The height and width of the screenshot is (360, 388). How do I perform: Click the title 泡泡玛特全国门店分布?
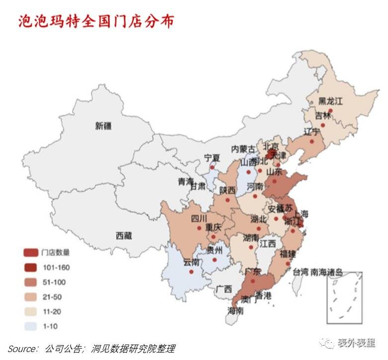click(x=96, y=21)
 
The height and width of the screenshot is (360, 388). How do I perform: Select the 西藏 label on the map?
click(x=124, y=236)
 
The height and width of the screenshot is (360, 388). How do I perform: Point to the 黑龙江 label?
click(x=330, y=101)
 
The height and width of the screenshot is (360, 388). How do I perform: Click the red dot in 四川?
click(x=199, y=228)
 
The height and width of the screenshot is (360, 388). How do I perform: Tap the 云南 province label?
click(x=191, y=262)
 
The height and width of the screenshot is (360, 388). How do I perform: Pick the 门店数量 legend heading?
click(x=56, y=253)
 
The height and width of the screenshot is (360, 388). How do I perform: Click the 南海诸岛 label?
click(x=326, y=272)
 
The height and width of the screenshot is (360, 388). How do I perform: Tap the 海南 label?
click(x=235, y=310)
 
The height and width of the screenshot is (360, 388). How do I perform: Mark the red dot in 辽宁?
click(x=312, y=141)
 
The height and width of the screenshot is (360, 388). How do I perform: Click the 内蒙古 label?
click(x=243, y=149)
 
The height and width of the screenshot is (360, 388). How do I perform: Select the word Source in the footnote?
click(x=23, y=349)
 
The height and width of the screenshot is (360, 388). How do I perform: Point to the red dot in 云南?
click(x=191, y=272)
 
